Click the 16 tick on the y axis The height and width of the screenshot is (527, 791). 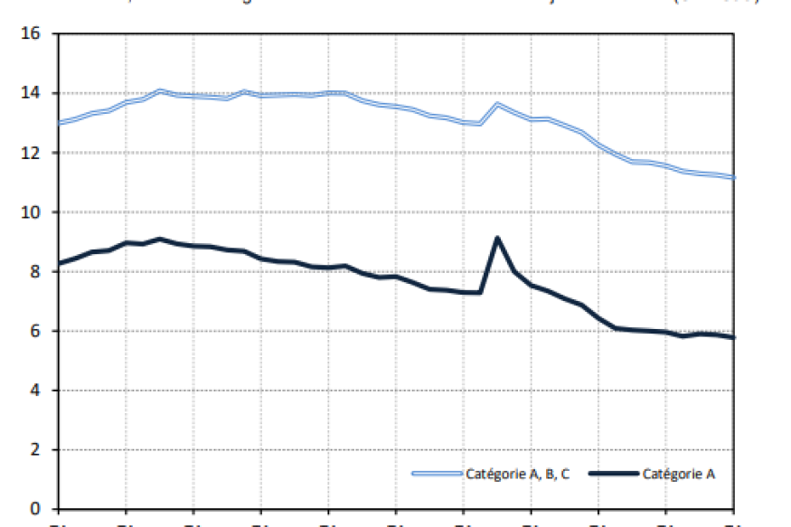point(33,34)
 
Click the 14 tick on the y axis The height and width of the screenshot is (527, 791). point(33,94)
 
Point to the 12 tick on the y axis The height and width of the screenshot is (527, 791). point(33,153)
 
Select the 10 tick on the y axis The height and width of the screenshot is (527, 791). point(33,212)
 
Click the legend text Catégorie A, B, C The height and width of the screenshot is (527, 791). point(518,474)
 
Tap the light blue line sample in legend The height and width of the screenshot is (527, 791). point(437,474)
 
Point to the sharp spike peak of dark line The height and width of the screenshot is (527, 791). point(497,238)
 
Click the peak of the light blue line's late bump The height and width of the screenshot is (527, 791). point(497,104)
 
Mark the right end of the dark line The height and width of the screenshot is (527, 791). point(734,337)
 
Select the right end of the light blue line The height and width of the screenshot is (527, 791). point(734,177)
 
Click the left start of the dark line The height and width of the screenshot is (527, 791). point(59,263)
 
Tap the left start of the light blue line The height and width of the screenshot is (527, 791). point(59,122)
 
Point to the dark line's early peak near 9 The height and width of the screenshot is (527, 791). point(159,239)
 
